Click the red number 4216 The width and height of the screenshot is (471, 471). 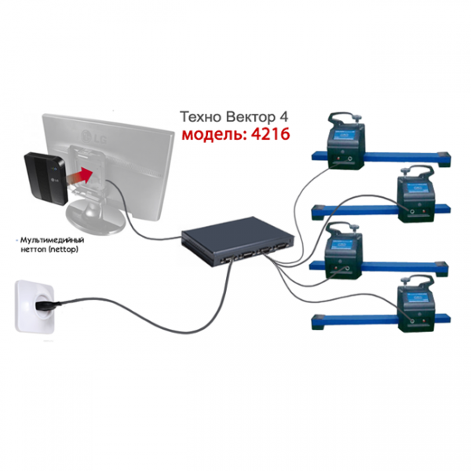pyautogui.click(x=270, y=134)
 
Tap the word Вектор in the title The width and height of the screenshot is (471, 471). pyautogui.click(x=250, y=117)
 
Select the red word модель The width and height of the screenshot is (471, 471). pyautogui.click(x=214, y=135)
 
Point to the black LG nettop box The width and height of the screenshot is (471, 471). pyautogui.click(x=45, y=178)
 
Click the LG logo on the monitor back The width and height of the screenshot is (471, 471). pyautogui.click(x=93, y=137)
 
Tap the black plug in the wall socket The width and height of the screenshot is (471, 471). pyautogui.click(x=47, y=305)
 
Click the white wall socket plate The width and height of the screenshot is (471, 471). pyautogui.click(x=35, y=306)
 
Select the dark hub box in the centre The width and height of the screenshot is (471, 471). pyautogui.click(x=238, y=240)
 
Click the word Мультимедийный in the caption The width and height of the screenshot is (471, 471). pyautogui.click(x=52, y=240)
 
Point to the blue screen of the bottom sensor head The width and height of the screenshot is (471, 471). pyautogui.click(x=418, y=298)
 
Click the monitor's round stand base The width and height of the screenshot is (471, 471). pyautogui.click(x=95, y=217)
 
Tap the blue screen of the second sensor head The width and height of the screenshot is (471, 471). pyautogui.click(x=418, y=189)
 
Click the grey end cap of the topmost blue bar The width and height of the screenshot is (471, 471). pyautogui.click(x=444, y=158)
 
